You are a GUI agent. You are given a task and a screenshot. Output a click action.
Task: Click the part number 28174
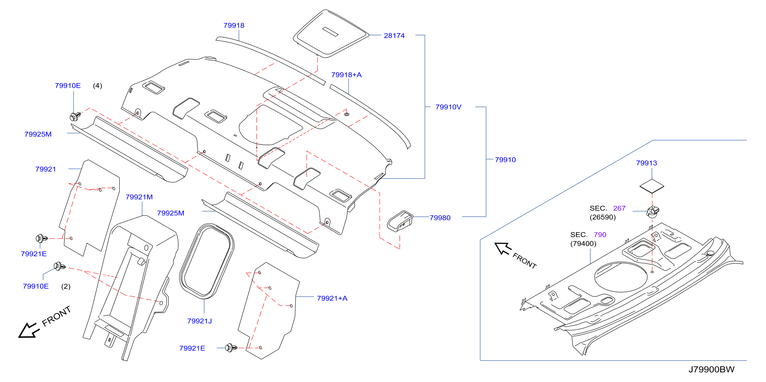394,36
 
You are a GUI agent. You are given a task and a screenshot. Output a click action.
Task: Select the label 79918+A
346,75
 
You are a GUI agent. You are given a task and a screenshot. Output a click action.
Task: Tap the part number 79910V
449,107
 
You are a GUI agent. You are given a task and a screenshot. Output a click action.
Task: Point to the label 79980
440,218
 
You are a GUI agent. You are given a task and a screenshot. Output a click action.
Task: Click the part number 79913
647,163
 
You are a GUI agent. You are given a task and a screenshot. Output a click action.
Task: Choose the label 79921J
200,321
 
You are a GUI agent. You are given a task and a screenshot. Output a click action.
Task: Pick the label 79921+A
332,298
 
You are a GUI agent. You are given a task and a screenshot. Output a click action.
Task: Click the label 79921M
139,197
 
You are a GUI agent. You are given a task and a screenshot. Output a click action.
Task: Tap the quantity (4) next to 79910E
98,86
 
